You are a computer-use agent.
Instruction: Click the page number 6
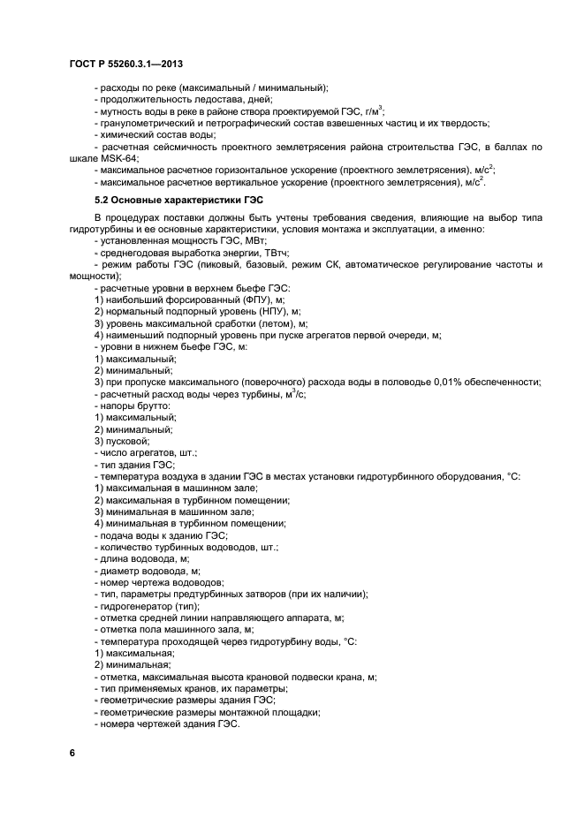(72, 752)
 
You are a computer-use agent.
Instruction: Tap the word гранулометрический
(145, 123)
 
